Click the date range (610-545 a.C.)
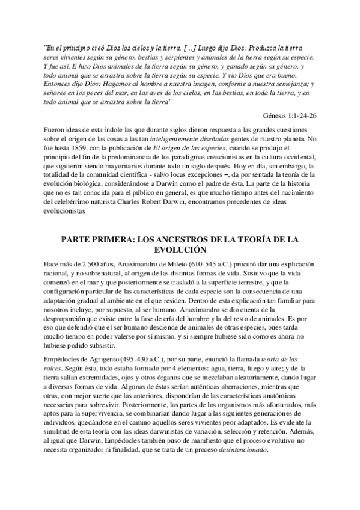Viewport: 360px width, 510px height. (x=205, y=263)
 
